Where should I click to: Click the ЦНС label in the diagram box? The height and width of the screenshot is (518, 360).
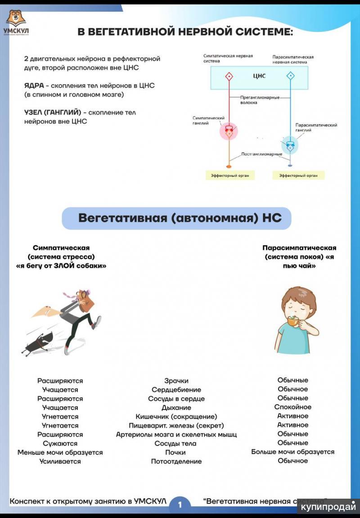coord(259,76)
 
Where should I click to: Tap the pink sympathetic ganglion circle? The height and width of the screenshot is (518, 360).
coord(229,131)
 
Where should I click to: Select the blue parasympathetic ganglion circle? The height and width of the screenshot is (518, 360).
coord(290,145)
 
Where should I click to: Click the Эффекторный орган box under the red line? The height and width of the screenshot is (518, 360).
coord(229,176)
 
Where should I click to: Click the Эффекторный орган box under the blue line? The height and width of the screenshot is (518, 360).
coord(298,176)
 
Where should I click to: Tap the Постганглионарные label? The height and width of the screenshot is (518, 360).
coord(261,154)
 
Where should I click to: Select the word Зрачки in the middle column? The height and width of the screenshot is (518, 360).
coord(176,381)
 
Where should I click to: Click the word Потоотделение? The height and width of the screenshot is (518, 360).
coord(176,461)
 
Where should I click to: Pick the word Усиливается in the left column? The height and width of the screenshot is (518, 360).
coord(60,461)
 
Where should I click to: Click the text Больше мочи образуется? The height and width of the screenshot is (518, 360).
coord(292,452)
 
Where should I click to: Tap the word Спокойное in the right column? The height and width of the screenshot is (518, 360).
coord(292,407)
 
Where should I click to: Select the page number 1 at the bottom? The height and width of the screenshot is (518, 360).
coord(180,504)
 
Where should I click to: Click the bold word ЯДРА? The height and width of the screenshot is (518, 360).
coord(34,86)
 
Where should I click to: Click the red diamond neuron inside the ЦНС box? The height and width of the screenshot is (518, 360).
coord(229,76)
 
